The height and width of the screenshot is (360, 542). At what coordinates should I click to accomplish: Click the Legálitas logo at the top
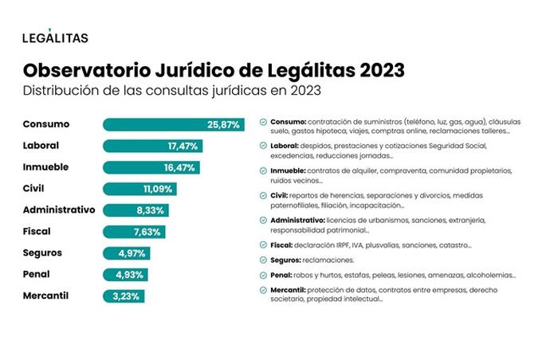[55, 36]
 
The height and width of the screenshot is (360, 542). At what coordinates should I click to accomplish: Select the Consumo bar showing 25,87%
[174, 125]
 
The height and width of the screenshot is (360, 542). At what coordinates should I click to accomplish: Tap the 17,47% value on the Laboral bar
[183, 146]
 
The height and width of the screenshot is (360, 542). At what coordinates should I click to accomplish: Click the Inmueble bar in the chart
[151, 167]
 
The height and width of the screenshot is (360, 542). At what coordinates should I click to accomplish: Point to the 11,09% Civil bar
[139, 189]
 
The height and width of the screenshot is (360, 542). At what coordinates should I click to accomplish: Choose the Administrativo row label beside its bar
[59, 209]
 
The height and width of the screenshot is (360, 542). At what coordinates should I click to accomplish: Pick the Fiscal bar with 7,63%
[134, 232]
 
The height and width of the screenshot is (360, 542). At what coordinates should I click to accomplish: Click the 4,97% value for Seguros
[132, 253]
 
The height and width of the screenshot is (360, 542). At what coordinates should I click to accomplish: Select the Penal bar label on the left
[37, 274]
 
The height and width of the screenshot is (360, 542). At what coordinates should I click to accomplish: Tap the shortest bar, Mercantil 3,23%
[124, 296]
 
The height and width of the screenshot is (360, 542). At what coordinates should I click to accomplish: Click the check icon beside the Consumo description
[263, 122]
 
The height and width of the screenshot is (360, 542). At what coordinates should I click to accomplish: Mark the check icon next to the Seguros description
[263, 260]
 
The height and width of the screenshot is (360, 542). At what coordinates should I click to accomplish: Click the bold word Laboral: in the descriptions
[285, 146]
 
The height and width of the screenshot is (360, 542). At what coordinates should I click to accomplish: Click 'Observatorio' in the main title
[87, 70]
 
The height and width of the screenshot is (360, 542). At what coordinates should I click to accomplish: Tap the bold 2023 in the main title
[382, 70]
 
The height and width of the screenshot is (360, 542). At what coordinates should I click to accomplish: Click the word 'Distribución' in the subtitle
[59, 91]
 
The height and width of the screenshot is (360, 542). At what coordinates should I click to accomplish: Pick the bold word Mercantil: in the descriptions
[288, 290]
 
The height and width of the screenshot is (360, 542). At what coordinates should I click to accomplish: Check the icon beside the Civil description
[263, 196]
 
